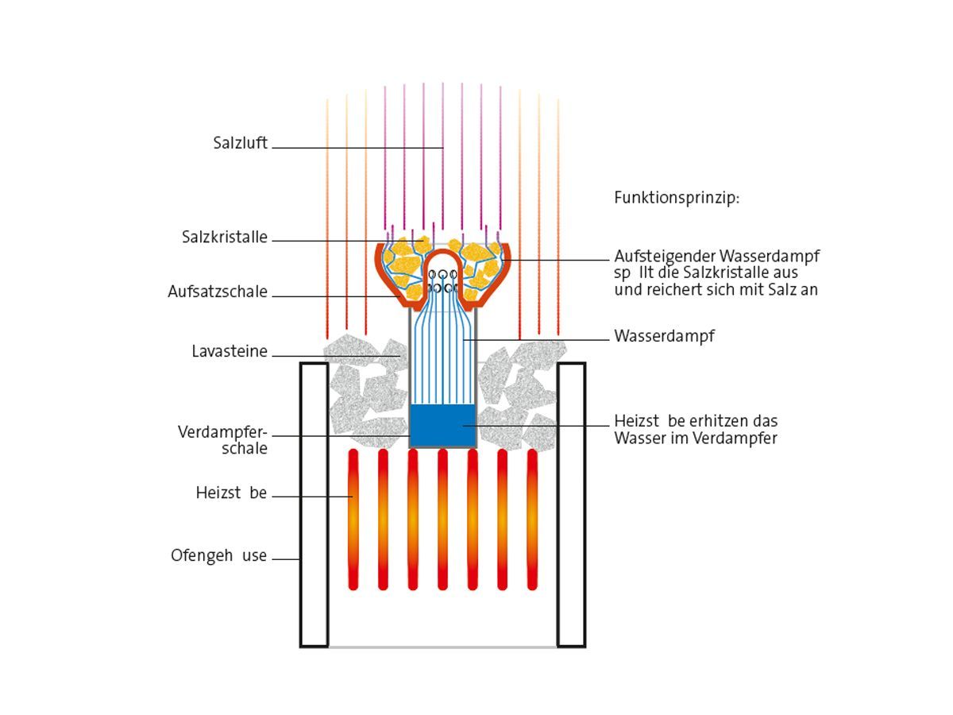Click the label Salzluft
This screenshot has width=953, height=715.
point(240,144)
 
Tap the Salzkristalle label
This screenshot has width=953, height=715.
point(225,238)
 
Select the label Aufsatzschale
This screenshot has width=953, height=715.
point(218,292)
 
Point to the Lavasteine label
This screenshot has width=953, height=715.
point(230,351)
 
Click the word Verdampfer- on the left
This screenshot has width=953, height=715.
point(223,433)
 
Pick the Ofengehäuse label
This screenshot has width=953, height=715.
point(219,556)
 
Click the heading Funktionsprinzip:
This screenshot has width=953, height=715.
point(677,198)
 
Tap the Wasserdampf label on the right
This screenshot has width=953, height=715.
point(664,336)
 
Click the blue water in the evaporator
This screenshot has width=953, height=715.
point(442,425)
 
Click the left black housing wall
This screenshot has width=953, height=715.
point(314,504)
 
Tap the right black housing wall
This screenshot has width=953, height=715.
point(571,504)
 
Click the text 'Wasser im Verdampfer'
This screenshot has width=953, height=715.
point(696,438)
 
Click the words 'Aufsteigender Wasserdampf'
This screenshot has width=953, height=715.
point(716,257)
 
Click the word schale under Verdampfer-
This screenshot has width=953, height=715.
point(245,449)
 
